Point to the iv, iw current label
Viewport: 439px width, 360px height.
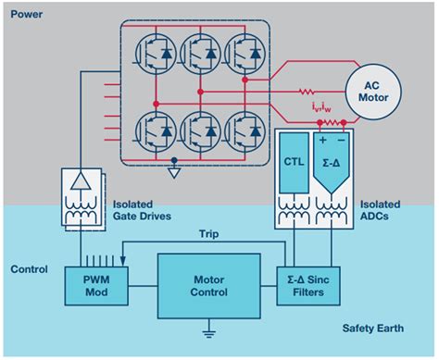click(x=321, y=108)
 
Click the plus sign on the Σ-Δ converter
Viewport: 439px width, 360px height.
click(x=324, y=142)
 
